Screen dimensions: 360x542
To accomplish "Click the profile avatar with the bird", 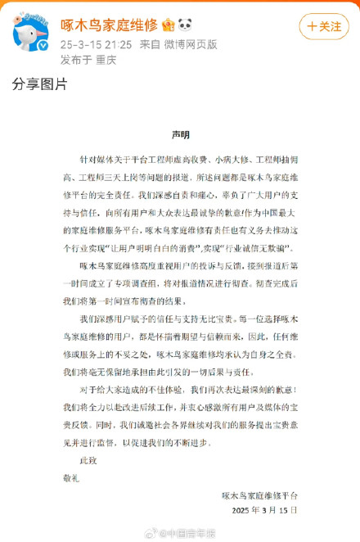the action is tap(32, 31).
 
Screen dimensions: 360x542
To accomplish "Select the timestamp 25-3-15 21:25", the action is tap(86, 42).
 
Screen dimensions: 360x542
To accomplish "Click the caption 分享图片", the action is tap(38, 84).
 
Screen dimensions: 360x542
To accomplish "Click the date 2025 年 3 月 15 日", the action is tap(260, 511).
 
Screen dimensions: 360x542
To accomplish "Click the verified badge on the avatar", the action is tap(46, 47).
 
